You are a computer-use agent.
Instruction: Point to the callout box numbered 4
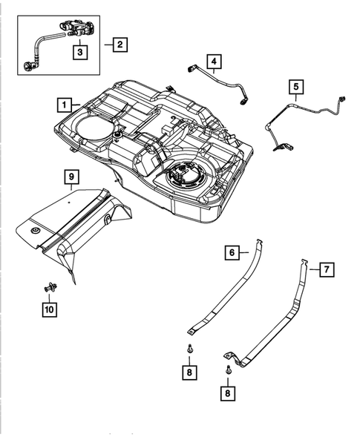click(x=214, y=61)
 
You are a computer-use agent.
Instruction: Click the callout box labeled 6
click(x=232, y=253)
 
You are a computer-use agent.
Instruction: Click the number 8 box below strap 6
click(x=191, y=370)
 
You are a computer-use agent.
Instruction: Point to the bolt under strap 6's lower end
click(x=191, y=347)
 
